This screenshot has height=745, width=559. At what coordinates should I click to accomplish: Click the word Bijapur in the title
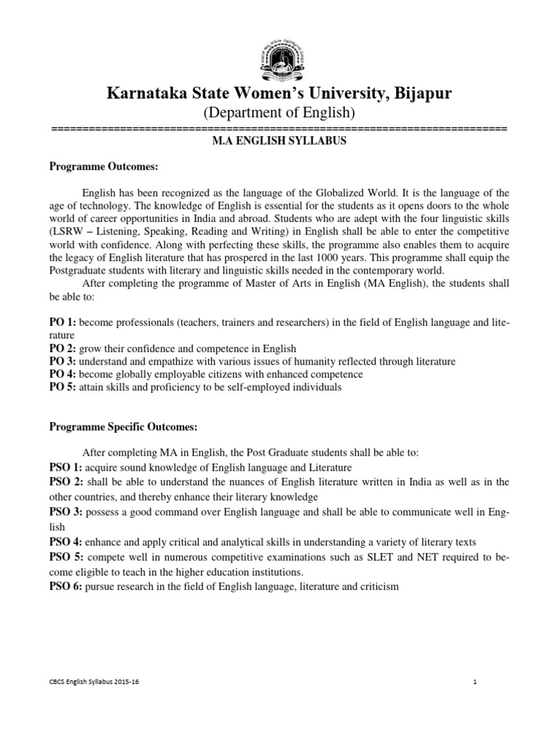click(417, 93)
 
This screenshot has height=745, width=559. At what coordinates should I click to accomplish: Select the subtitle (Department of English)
click(279, 113)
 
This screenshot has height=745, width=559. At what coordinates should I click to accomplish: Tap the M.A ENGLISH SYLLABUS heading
click(279, 141)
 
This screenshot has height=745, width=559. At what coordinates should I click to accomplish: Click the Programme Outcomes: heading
click(103, 167)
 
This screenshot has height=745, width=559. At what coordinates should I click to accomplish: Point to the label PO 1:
click(62, 322)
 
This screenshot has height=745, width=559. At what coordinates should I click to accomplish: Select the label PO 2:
click(62, 348)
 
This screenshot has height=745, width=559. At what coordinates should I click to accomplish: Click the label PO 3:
click(62, 361)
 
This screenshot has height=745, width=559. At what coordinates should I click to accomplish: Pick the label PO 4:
click(62, 374)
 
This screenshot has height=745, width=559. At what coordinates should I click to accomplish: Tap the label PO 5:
click(62, 387)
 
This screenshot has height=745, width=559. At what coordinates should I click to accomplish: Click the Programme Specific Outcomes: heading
click(124, 426)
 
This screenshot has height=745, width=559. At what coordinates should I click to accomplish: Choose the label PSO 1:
click(66, 466)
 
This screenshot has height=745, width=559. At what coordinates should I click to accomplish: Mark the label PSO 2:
click(66, 482)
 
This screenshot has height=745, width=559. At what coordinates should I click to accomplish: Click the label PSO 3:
click(66, 513)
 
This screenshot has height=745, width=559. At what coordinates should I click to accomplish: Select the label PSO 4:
click(66, 541)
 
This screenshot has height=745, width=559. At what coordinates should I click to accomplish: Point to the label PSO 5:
click(66, 557)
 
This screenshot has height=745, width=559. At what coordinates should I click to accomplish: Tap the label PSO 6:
click(66, 586)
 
